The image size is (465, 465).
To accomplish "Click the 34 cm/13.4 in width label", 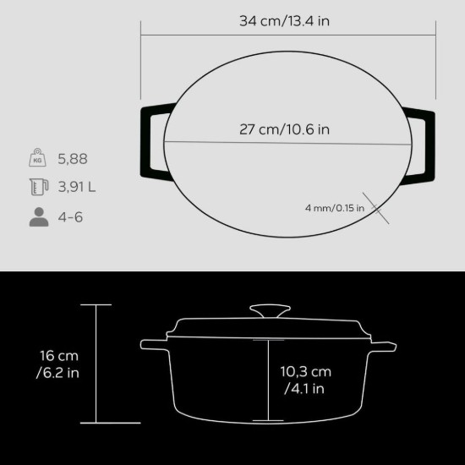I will click(284, 21).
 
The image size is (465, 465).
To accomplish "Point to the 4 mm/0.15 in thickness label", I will click(334, 207).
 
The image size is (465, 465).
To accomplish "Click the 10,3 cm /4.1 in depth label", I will click(306, 380).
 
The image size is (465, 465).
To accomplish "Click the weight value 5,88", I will click(73, 158).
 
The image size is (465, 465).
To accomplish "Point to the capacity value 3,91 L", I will click(77, 187).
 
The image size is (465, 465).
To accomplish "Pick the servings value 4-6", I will click(72, 216).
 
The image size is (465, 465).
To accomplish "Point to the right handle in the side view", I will click(385, 345).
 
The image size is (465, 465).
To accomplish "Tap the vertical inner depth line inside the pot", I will click(270, 380).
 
